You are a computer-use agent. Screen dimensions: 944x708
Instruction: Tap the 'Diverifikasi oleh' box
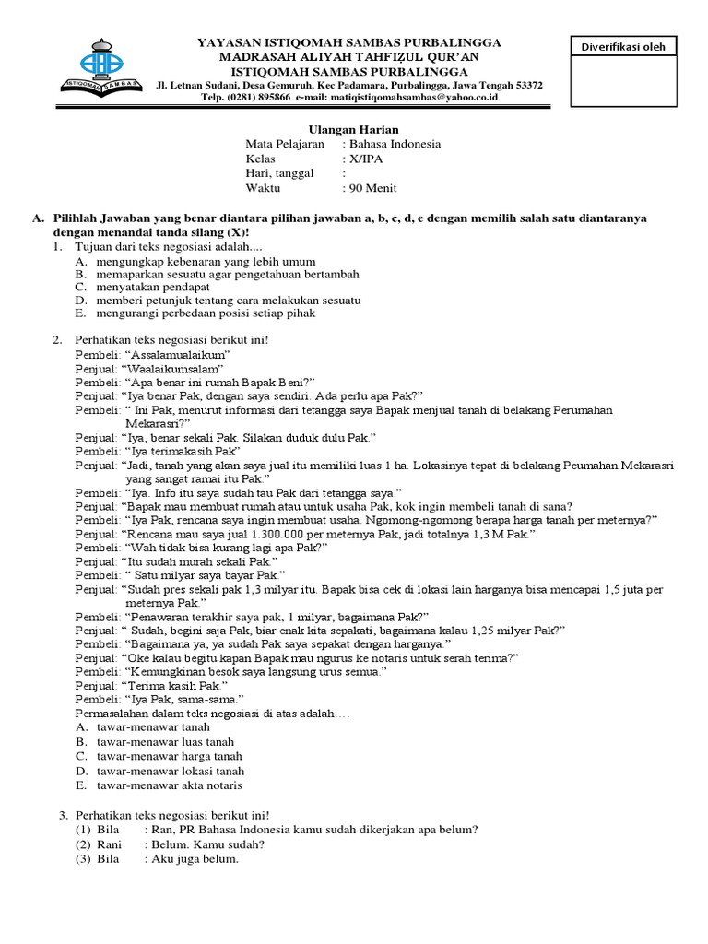click(621, 47)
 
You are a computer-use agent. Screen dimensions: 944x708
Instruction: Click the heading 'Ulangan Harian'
click(339, 129)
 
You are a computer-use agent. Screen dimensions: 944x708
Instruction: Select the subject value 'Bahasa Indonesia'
click(395, 144)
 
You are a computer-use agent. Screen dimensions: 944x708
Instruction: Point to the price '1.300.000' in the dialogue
click(253, 534)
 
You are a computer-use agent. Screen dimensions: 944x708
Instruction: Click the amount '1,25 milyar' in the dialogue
click(493, 630)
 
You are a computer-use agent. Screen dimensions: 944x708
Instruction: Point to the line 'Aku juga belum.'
click(198, 859)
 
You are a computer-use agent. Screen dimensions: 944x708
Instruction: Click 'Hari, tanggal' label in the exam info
click(279, 173)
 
